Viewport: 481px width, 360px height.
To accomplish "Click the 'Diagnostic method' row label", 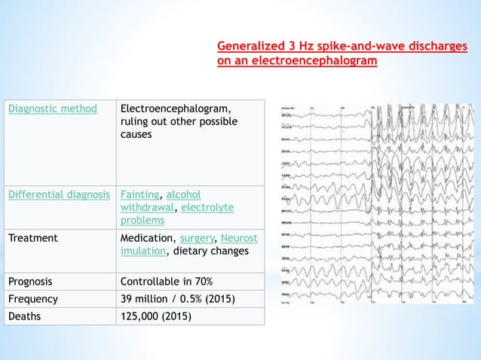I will (52, 108).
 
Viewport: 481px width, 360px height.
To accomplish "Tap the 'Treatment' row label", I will (32, 238).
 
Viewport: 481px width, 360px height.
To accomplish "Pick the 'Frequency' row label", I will (32, 299).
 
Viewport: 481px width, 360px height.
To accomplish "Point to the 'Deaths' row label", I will (25, 316).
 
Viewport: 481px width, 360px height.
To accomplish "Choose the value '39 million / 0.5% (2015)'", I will (177, 299).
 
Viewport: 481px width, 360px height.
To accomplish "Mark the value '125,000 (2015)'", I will (156, 316).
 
